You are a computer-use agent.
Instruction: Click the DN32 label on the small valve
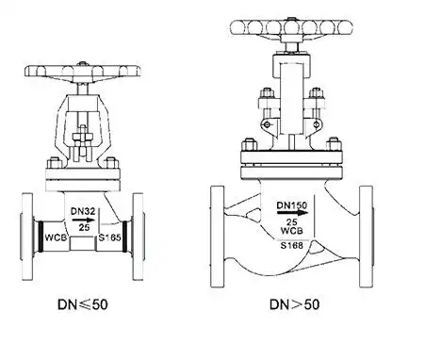[83, 211]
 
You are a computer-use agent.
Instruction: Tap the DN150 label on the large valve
[292, 205]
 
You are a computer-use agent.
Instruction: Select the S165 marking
[109, 237]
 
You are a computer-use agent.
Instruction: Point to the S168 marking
[292, 245]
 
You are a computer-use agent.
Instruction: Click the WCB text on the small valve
[56, 237]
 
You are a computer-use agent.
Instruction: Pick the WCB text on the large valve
[292, 231]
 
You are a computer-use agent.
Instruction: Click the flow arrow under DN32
[83, 220]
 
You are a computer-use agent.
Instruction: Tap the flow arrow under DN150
[292, 213]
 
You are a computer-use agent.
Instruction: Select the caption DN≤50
[83, 304]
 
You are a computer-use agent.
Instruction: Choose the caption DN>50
[295, 304]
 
